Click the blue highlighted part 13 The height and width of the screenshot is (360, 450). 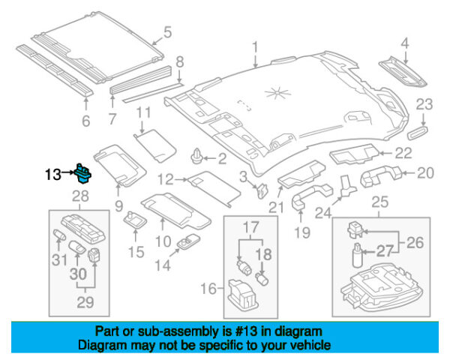[83, 173]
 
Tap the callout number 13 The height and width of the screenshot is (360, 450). [53, 174]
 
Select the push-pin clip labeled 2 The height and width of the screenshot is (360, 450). [196, 156]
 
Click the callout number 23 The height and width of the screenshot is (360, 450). [424, 104]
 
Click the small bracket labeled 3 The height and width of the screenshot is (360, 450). [262, 190]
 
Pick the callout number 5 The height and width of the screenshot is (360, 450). [167, 32]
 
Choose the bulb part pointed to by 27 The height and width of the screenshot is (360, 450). [357, 255]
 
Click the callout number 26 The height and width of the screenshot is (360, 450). [415, 242]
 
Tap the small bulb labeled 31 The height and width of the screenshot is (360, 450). [60, 235]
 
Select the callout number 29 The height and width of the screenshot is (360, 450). [85, 302]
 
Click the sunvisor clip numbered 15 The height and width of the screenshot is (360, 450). [135, 220]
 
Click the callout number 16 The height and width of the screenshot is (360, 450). [208, 288]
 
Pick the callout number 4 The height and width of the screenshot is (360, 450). [405, 43]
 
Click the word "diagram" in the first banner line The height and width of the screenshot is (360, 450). [298, 331]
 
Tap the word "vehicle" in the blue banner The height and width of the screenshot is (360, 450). [312, 345]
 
